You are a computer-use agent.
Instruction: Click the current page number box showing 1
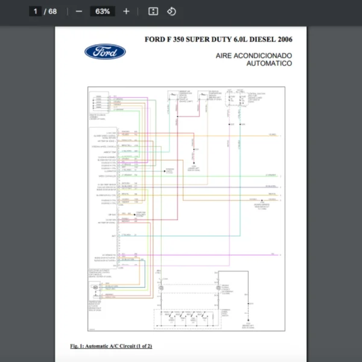[36, 11]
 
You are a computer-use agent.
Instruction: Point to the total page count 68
[52, 11]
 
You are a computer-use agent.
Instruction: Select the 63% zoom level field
[102, 11]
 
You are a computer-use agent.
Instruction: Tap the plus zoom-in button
[126, 11]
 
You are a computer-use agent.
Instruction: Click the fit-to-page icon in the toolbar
[153, 11]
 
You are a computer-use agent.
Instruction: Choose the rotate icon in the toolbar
[171, 11]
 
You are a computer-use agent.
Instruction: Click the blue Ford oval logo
[105, 52]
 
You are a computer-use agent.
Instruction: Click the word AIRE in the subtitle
[225, 56]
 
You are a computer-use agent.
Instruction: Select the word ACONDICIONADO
[264, 56]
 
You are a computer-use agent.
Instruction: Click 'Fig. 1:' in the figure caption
[80, 346]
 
